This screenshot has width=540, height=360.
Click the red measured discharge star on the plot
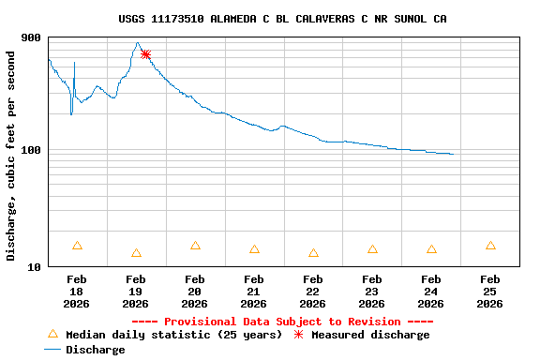[145, 54]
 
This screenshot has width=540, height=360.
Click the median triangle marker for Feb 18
[77, 246]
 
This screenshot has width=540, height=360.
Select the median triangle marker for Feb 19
[136, 253]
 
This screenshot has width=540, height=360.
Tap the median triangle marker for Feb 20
[195, 246]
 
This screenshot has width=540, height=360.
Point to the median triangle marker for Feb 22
[313, 253]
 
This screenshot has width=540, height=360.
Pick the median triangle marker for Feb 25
[490, 246]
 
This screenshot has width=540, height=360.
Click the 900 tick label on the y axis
[32, 38]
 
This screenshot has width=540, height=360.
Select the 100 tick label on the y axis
[32, 151]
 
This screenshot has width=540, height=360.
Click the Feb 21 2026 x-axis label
[254, 292]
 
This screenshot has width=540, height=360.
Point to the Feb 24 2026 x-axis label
[431, 292]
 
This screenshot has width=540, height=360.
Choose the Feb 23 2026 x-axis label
[372, 292]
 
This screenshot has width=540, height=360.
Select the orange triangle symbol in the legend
[52, 334]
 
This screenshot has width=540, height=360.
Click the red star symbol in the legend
[299, 334]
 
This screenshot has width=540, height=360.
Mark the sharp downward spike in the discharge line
[71, 113]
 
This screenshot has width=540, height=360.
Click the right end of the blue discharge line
[453, 154]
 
